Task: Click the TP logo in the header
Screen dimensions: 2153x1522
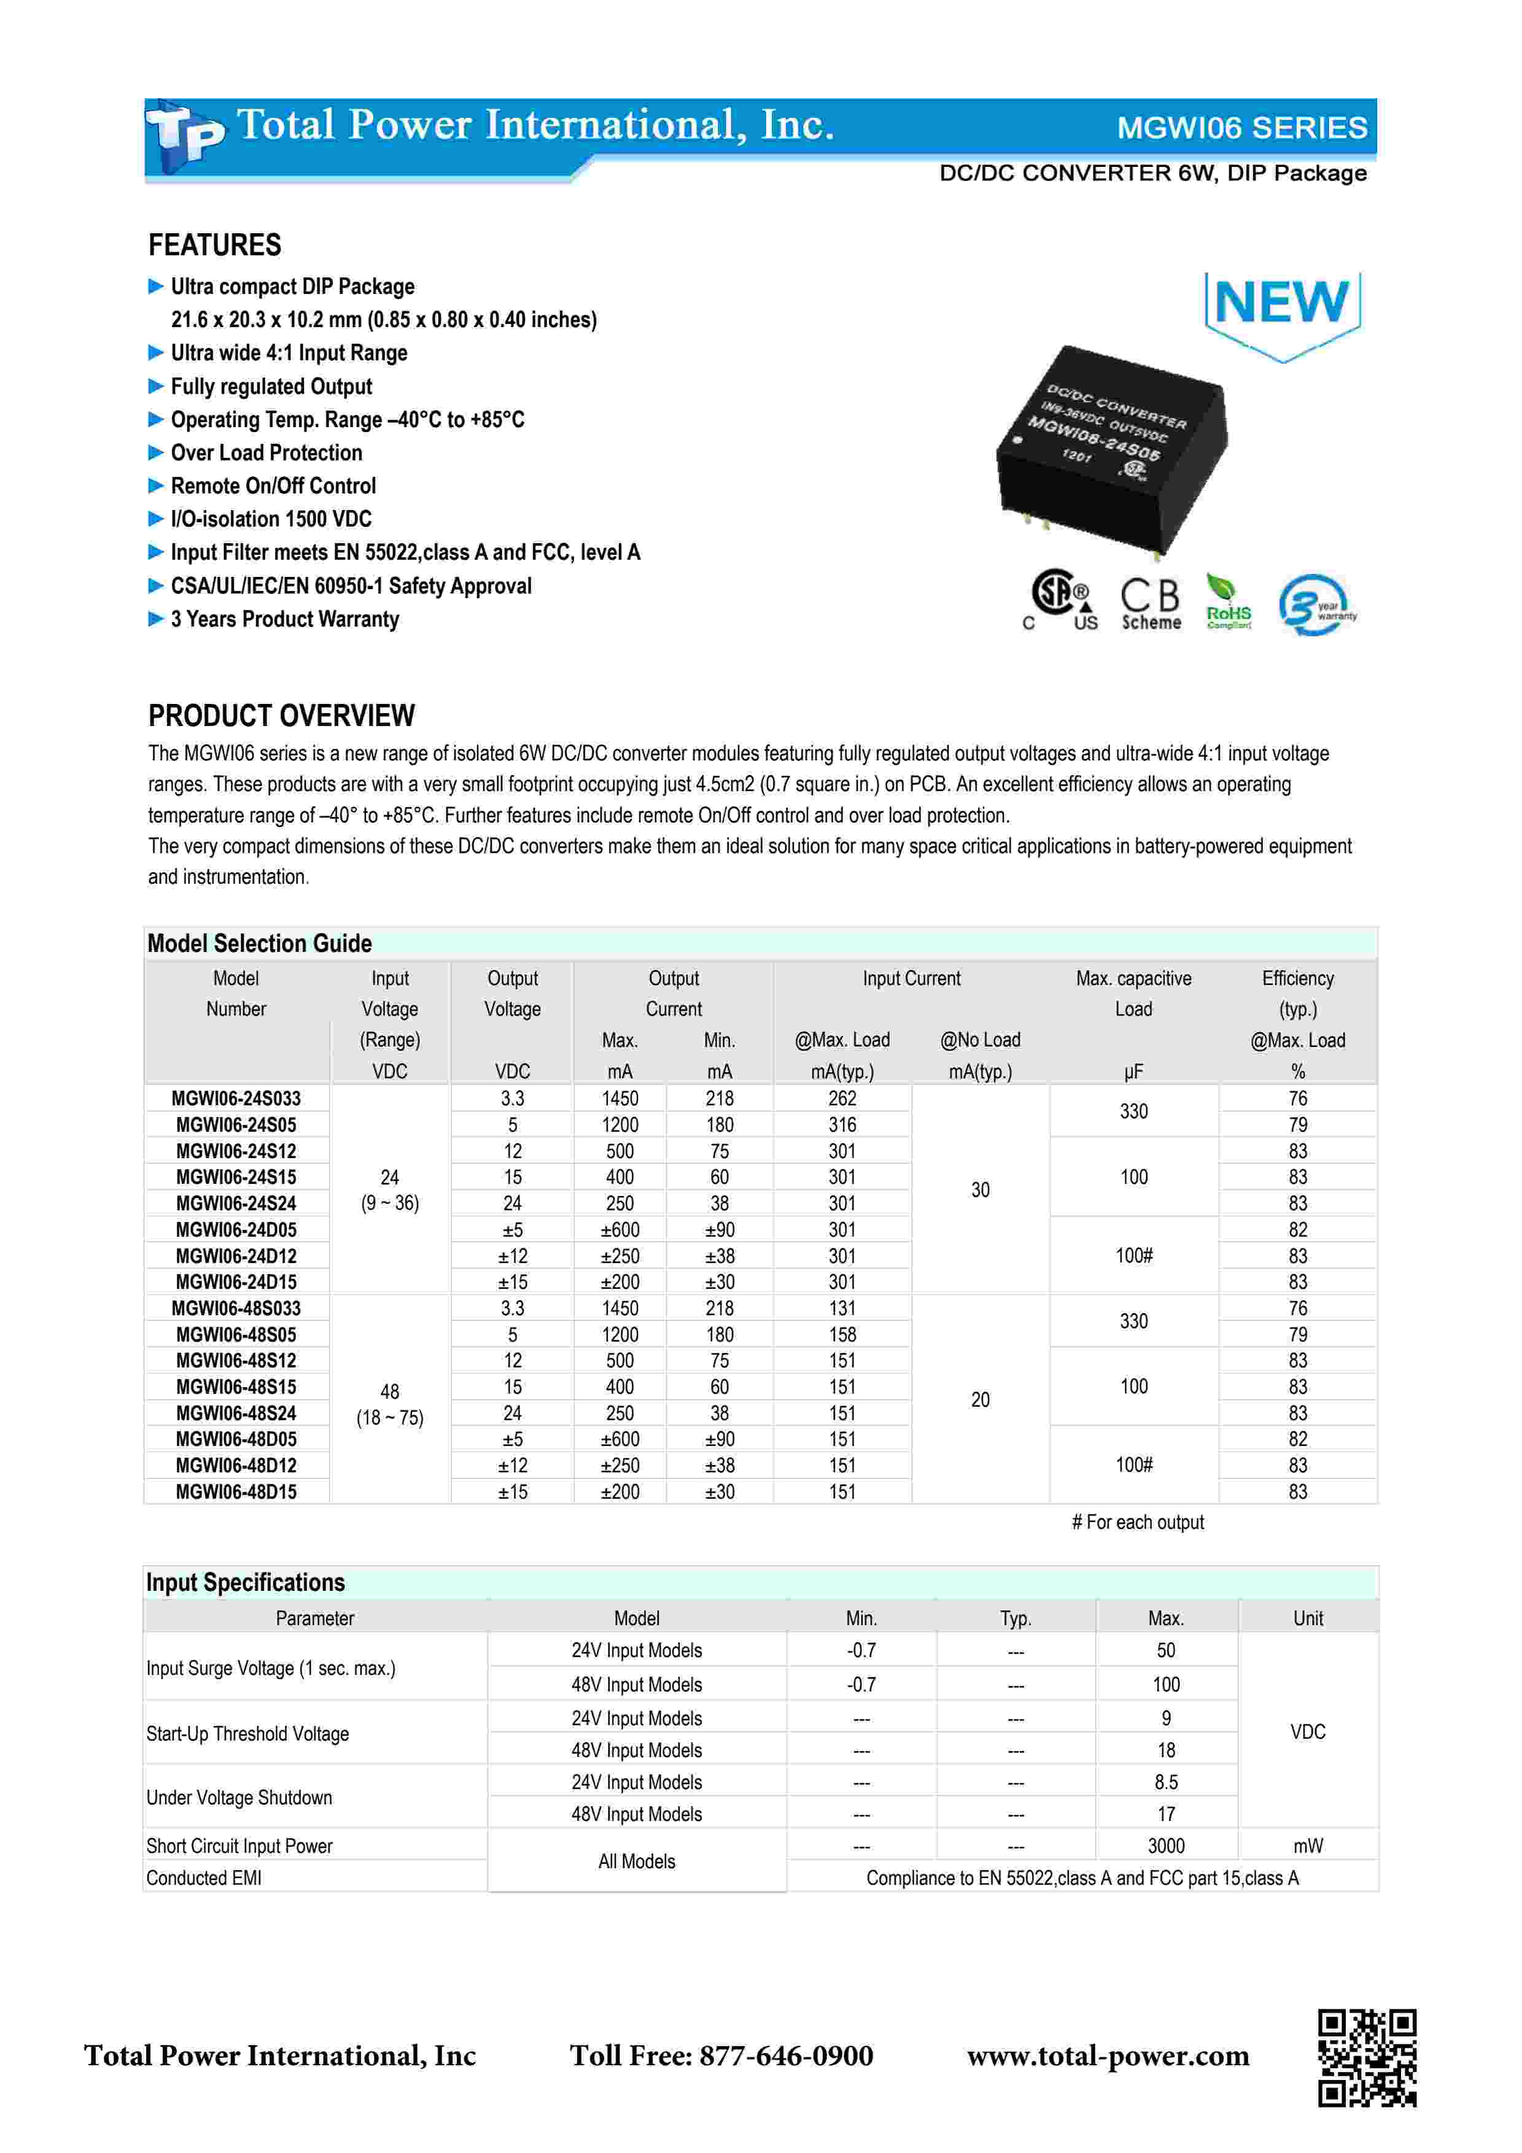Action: pyautogui.click(x=185, y=137)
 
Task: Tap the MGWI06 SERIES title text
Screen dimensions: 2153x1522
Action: pyautogui.click(x=1241, y=128)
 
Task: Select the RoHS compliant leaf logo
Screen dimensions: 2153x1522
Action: pyautogui.click(x=1227, y=603)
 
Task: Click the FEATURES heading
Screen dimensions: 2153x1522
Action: pyautogui.click(x=215, y=245)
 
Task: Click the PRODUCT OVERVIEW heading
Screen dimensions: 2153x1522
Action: pyautogui.click(x=281, y=716)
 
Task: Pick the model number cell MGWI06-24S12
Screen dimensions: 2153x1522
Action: pyautogui.click(x=236, y=1151)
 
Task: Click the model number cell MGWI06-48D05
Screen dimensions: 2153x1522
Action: pyautogui.click(x=236, y=1439)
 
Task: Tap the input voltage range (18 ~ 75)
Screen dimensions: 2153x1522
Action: pyautogui.click(x=390, y=1418)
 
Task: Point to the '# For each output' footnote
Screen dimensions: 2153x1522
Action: pyautogui.click(x=1138, y=1523)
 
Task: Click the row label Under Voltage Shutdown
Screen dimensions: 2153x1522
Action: pyautogui.click(x=239, y=1798)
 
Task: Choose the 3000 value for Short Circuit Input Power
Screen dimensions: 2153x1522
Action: pyautogui.click(x=1166, y=1846)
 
